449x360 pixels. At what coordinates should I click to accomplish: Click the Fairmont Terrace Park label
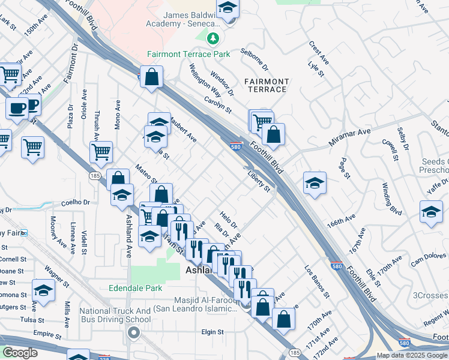pyautogui.click(x=188, y=54)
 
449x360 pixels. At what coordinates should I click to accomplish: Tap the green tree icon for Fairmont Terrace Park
pyautogui.click(x=212, y=39)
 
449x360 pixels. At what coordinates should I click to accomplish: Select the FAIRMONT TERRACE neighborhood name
pyautogui.click(x=267, y=85)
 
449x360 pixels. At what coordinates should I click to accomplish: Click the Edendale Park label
pyautogui.click(x=136, y=288)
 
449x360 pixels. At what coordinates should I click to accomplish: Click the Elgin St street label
pyautogui.click(x=212, y=331)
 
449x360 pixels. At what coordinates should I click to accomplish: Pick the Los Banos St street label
pyautogui.click(x=316, y=282)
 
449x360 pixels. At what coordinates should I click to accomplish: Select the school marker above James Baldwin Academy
pyautogui.click(x=228, y=8)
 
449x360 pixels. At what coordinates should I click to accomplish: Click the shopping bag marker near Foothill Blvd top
pyautogui.click(x=152, y=77)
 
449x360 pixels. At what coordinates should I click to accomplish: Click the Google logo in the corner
pyautogui.click(x=20, y=353)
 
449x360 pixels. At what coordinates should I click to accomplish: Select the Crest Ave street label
pyautogui.click(x=319, y=53)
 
